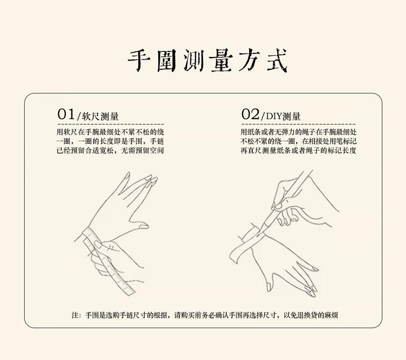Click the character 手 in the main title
tap(139, 61)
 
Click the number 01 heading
tap(66, 114)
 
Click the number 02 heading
tap(250, 114)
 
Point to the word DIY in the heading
tap(274, 116)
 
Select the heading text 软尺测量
tap(100, 117)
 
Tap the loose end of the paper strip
tap(234, 255)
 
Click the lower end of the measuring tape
tap(130, 292)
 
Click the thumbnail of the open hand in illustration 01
tap(143, 226)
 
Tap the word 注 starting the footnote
tap(75, 315)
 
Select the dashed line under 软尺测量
tap(110, 124)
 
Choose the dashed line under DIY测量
tap(298, 124)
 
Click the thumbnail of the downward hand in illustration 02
tap(269, 286)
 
